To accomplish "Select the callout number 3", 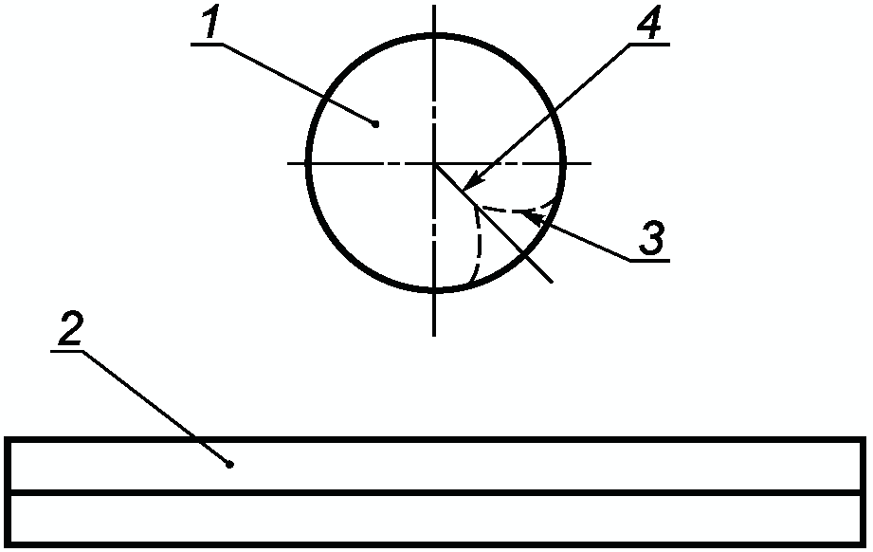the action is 650,237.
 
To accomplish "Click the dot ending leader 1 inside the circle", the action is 376,123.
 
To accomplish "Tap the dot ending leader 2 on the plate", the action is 230,464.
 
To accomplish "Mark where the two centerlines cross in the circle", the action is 435,163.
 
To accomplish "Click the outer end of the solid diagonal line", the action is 552,282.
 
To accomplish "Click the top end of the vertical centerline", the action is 435,7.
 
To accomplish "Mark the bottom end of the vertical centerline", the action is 435,334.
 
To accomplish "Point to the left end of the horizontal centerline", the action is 288,163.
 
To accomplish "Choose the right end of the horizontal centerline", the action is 591,163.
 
